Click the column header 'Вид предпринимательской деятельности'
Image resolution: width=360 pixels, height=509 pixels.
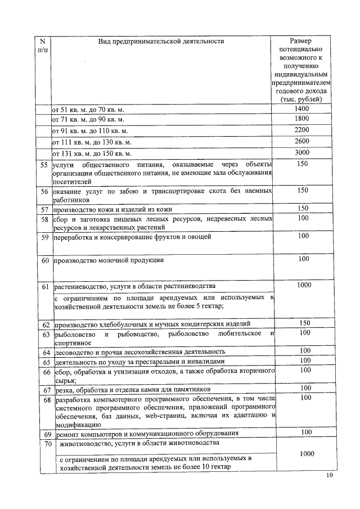161,40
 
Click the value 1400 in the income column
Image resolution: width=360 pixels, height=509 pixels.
301,108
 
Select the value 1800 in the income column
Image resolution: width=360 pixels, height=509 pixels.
301,119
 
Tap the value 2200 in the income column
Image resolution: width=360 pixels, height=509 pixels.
301,130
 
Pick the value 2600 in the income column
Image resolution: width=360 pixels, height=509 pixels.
301,141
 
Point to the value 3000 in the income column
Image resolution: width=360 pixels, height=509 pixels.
301,152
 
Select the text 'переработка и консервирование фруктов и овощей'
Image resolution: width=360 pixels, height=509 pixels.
132,237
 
